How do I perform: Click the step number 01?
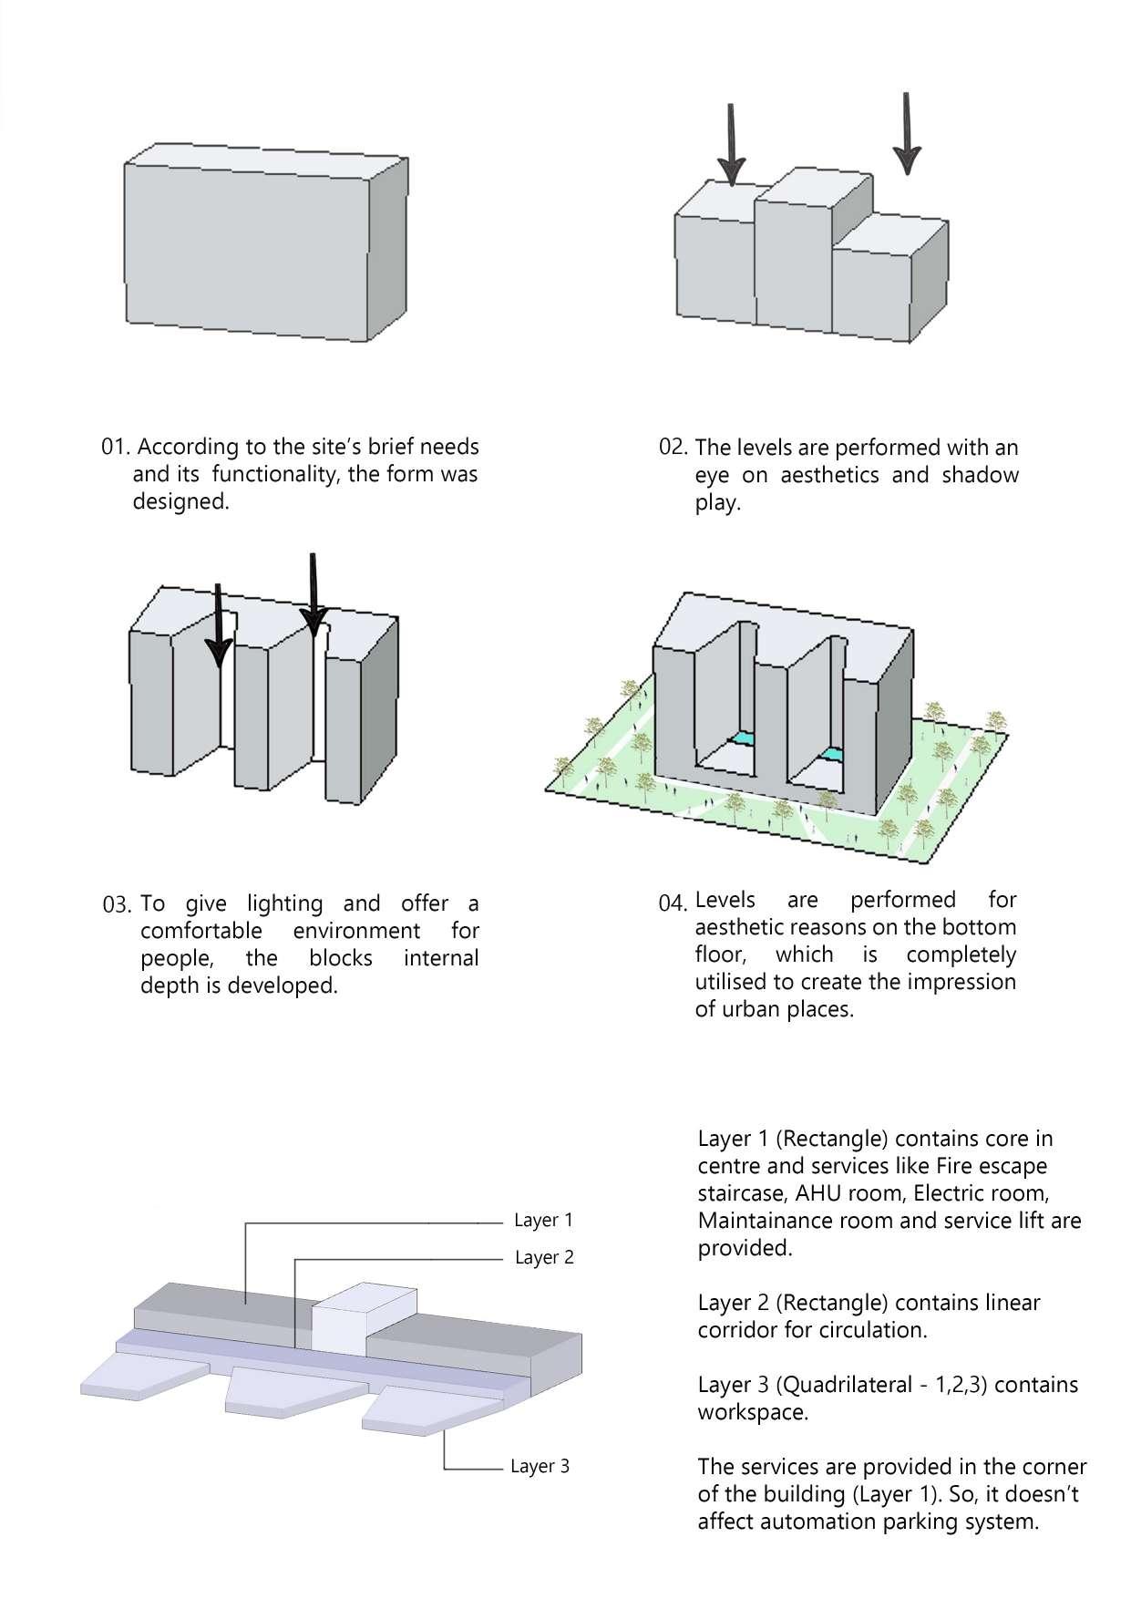pos(117,448)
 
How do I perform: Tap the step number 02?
pos(673,447)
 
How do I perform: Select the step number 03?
pos(118,905)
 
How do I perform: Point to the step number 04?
pos(673,903)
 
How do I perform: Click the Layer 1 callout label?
pos(543,1221)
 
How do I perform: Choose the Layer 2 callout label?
pos(544,1258)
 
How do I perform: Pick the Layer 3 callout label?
pos(540,1467)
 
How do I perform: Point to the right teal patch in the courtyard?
pos(829,754)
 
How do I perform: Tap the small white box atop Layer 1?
pos(364,1318)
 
